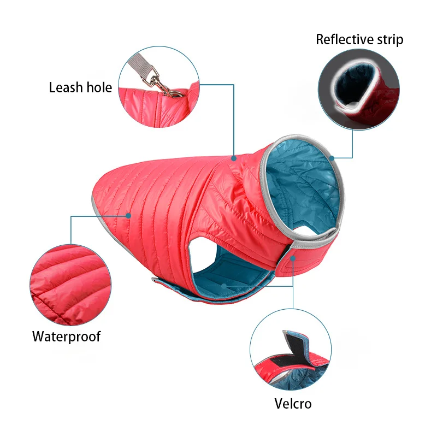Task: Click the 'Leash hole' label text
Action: (80, 87)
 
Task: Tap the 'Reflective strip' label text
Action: (359, 39)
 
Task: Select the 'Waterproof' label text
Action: (66, 336)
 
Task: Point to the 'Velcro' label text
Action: (293, 404)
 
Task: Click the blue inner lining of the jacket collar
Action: (303, 180)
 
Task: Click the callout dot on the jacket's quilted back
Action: (129, 215)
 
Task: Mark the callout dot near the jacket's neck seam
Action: (234, 158)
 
